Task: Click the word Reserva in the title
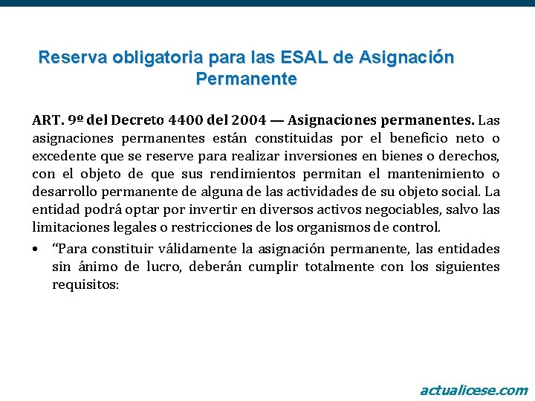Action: tap(69, 57)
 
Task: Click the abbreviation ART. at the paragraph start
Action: tap(48, 120)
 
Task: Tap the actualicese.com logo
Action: tap(473, 390)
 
